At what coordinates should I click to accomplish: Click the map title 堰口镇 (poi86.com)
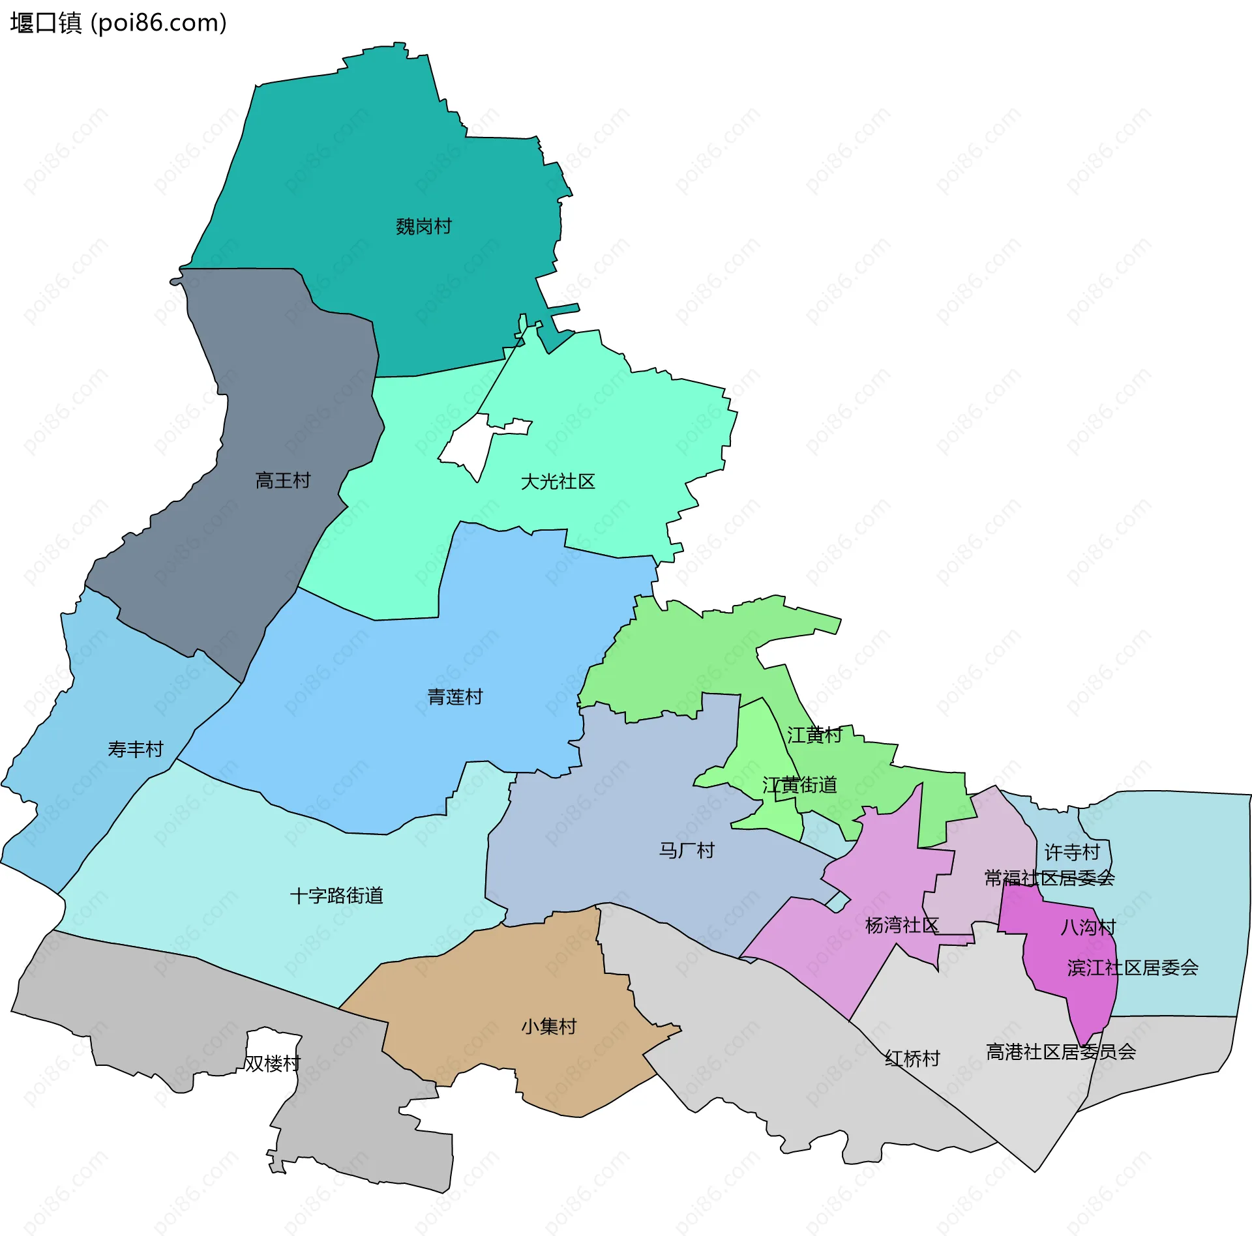(118, 23)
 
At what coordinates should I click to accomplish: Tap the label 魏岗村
(424, 226)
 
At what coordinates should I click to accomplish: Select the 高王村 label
(283, 480)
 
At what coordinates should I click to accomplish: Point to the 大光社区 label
(558, 482)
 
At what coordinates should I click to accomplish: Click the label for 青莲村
(455, 697)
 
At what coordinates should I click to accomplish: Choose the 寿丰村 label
(136, 749)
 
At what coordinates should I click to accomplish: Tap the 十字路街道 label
(336, 895)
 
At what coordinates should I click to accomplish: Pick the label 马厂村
(687, 850)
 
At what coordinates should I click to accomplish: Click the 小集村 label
(549, 1027)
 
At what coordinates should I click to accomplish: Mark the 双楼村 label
(273, 1063)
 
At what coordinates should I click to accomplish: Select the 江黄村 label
(814, 735)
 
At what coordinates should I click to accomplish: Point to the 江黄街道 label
(799, 785)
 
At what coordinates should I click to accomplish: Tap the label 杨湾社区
(902, 925)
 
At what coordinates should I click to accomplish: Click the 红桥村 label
(912, 1058)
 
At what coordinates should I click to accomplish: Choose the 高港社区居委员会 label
(1061, 1052)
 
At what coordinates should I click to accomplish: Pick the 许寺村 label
(1072, 852)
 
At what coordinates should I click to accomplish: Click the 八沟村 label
(1088, 927)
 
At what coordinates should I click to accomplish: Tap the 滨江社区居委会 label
(1133, 967)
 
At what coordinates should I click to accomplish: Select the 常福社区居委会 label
(1049, 878)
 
